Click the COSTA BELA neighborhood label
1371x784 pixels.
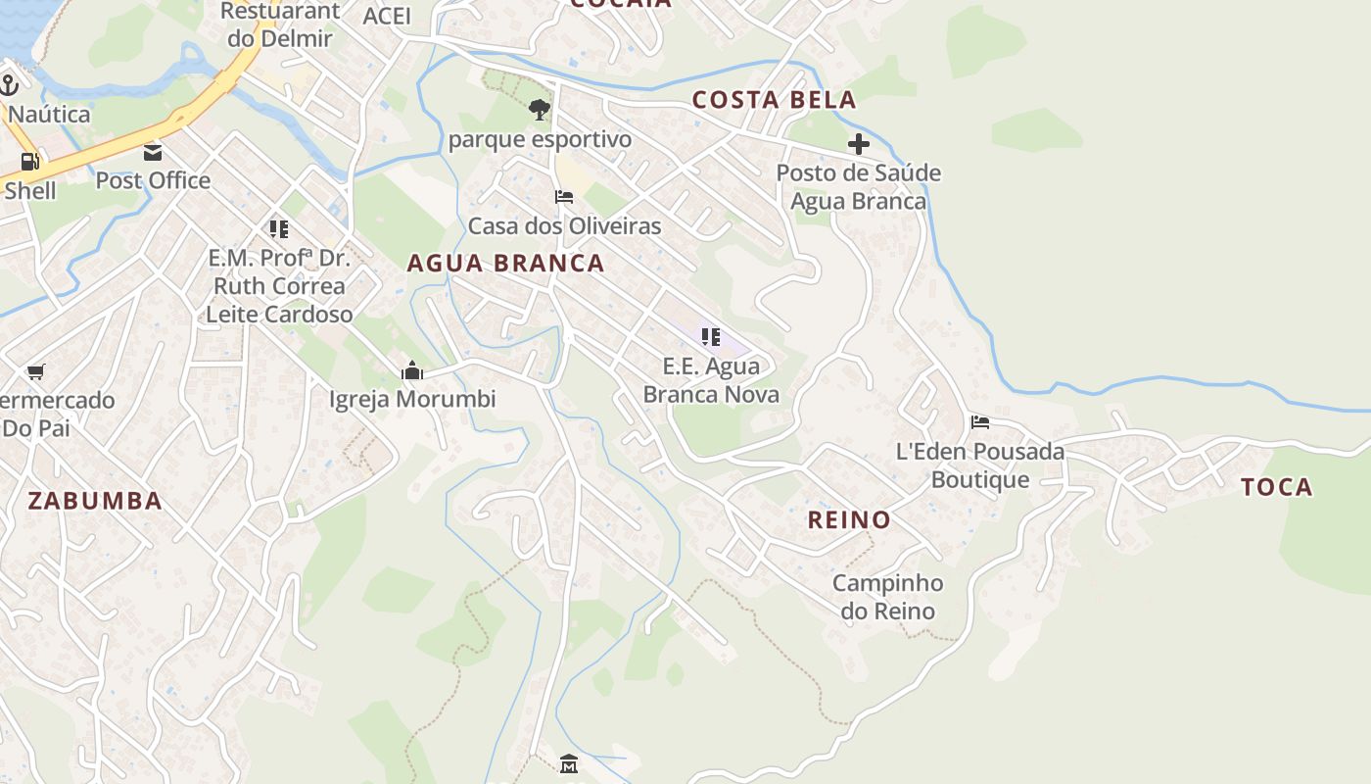click(774, 99)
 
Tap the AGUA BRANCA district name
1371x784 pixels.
click(505, 263)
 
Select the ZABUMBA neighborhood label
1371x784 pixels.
click(94, 501)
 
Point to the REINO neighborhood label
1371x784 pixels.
click(849, 519)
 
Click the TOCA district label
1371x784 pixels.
click(1277, 487)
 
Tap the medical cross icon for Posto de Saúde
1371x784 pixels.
click(859, 145)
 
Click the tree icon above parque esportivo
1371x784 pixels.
click(539, 110)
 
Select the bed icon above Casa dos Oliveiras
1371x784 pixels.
click(564, 197)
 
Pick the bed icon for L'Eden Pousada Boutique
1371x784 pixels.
click(980, 422)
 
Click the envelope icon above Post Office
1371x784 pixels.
click(153, 152)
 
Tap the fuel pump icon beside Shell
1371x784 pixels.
click(29, 162)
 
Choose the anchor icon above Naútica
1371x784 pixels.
click(10, 85)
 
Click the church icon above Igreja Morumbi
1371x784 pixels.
click(412, 370)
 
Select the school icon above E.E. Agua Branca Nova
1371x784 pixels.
click(711, 337)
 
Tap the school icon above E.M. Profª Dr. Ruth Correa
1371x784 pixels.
click(279, 229)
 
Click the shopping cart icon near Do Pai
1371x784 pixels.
click(36, 371)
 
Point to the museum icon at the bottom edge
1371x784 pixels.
click(569, 763)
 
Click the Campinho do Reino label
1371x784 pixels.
click(887, 597)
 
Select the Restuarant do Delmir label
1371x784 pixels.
click(279, 25)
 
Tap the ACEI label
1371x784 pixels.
click(387, 16)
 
